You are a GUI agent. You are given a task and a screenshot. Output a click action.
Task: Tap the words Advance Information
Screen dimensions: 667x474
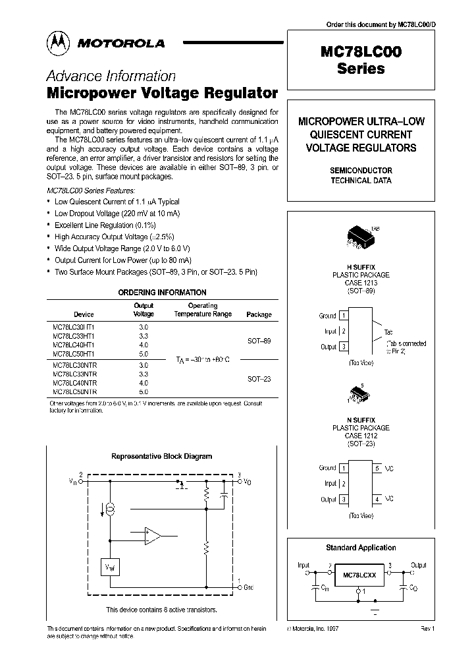[111, 76]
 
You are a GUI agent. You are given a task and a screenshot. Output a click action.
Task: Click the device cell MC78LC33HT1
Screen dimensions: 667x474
[73, 335]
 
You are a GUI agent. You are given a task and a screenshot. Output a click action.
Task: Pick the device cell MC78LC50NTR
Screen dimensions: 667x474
[74, 391]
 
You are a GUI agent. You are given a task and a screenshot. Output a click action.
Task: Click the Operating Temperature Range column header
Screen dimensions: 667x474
[203, 310]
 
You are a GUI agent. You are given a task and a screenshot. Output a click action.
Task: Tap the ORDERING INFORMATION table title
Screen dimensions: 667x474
[162, 292]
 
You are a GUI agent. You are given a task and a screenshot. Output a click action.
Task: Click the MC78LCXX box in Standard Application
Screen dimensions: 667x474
[359, 575]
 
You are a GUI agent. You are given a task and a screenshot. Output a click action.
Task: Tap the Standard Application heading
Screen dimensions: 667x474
[361, 547]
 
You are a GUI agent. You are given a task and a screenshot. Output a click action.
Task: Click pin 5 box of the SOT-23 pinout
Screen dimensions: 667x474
[377, 468]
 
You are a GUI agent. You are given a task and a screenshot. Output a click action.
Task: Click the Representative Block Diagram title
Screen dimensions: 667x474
[161, 456]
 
